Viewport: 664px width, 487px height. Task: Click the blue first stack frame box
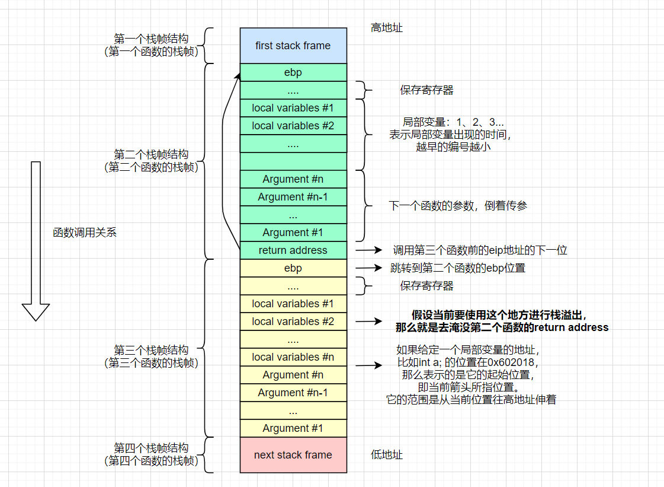293,46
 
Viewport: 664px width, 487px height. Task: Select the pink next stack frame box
293,455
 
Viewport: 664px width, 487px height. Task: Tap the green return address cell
293,250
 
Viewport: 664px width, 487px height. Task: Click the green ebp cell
293,72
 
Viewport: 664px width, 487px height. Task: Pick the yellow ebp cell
293,268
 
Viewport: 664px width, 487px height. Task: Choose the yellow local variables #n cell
293,357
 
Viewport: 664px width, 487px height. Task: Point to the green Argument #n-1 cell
293,197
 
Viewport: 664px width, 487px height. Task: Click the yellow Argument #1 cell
293,428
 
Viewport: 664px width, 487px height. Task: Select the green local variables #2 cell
293,126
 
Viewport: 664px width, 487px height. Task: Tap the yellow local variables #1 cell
293,304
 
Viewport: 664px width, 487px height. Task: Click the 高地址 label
387,28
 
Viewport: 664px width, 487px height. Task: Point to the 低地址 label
387,455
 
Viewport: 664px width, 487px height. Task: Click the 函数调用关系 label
85,233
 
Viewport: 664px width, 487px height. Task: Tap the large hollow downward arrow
36,240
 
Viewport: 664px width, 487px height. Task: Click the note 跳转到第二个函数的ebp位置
457,268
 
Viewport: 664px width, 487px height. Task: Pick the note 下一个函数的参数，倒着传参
457,206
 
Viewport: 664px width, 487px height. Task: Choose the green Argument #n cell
293,179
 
